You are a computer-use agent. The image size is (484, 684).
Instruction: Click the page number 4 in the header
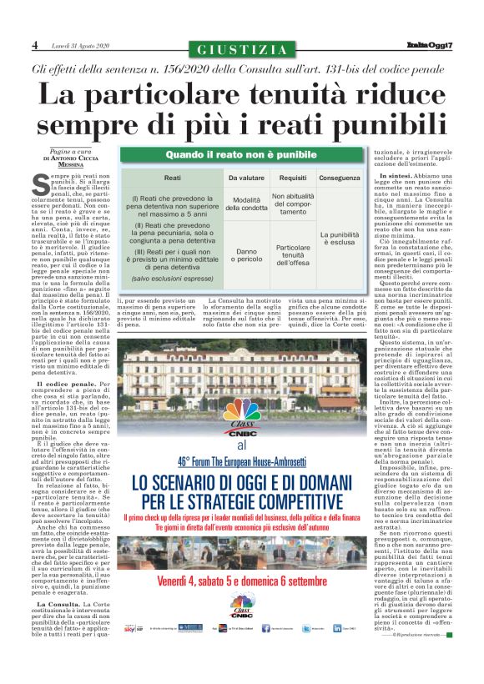click(x=35, y=44)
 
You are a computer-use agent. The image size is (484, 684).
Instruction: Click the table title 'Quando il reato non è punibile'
click(x=241, y=156)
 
